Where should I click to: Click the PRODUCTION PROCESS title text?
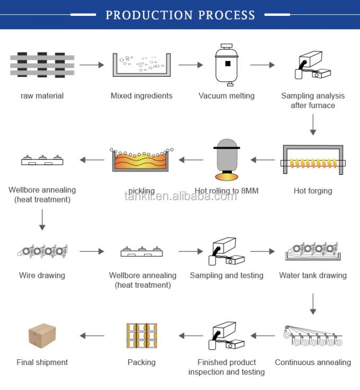[180, 15]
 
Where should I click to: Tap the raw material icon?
[42, 65]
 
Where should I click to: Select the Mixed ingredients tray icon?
[141, 65]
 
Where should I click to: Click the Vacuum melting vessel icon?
[227, 65]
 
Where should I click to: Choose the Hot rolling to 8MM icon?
[227, 159]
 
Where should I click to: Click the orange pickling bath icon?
[141, 160]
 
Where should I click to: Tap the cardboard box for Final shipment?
[42, 335]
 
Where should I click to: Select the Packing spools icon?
[141, 336]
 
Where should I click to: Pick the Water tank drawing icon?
[312, 250]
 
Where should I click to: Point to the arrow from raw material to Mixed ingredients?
[92, 65]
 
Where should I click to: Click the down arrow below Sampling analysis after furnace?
[313, 126]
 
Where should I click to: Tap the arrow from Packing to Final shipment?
[92, 335]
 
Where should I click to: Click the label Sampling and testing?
[227, 276]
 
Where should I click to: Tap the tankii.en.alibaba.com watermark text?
[181, 197]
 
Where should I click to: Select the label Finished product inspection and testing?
[227, 367]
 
